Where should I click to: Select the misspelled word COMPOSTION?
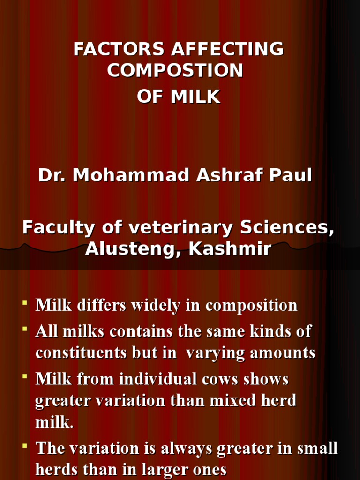(175, 71)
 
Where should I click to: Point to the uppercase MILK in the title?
(195, 97)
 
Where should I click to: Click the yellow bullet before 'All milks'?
(24, 330)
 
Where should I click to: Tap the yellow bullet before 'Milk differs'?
(24, 304)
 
